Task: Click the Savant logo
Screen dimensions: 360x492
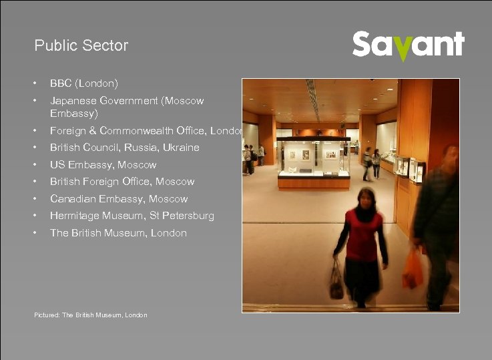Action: pyautogui.click(x=408, y=45)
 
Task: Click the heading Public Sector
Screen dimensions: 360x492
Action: pyautogui.click(x=81, y=46)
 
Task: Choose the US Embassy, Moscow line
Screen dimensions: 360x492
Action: pyautogui.click(x=103, y=165)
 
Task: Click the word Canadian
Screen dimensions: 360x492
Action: pyautogui.click(x=73, y=199)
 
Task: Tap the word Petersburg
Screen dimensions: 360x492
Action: pyautogui.click(x=190, y=216)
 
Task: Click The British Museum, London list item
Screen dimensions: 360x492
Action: pyautogui.click(x=118, y=233)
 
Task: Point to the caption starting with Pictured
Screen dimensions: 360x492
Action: pyautogui.click(x=91, y=315)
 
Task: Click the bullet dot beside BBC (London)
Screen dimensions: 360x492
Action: pyautogui.click(x=35, y=83)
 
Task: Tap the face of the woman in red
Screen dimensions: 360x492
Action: pyautogui.click(x=365, y=198)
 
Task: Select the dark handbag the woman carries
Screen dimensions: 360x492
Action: pyautogui.click(x=337, y=283)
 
